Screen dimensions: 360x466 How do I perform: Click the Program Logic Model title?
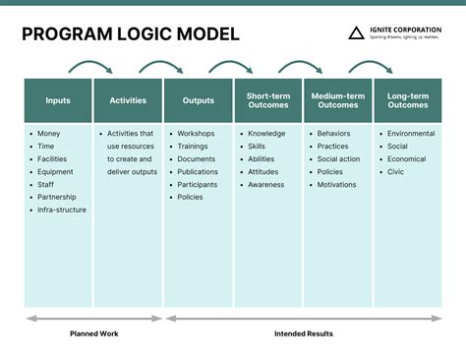[130, 34]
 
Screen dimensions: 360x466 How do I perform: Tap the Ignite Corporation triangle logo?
[356, 33]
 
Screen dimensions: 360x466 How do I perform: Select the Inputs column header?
[58, 100]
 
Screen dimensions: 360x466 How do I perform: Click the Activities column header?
[128, 100]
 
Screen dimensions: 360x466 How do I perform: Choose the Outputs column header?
[198, 100]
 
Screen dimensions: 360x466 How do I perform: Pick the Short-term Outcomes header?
[267, 100]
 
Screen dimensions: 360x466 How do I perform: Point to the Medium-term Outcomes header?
[337, 100]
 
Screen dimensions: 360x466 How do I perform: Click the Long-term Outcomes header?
[407, 100]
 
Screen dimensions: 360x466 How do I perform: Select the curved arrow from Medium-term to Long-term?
[372, 67]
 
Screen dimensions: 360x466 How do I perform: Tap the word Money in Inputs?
[50, 133]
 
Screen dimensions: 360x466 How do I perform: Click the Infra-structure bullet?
[62, 210]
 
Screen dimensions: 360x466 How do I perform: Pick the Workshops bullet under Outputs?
[197, 133]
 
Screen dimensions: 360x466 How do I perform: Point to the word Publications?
[198, 171]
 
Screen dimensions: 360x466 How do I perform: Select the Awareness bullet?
[266, 184]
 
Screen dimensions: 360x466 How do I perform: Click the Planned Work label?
[94, 333]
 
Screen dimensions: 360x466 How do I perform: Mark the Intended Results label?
[303, 333]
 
